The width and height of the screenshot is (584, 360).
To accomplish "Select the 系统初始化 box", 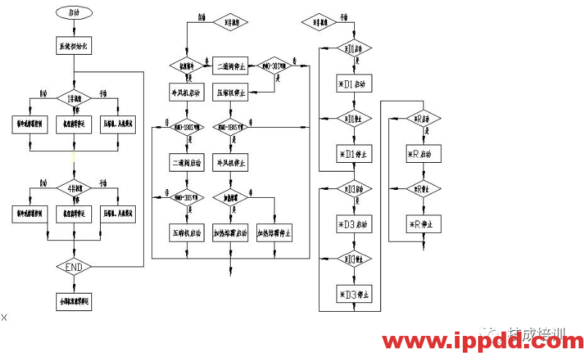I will [74, 46].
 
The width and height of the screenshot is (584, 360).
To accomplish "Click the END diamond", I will [74, 267].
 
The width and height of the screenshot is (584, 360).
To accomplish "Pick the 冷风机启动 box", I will [185, 93].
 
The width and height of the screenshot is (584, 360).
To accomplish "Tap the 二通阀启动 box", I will [185, 161].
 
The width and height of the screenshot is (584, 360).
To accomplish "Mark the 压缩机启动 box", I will [185, 234].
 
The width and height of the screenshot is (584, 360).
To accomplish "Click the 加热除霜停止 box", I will [275, 234].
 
